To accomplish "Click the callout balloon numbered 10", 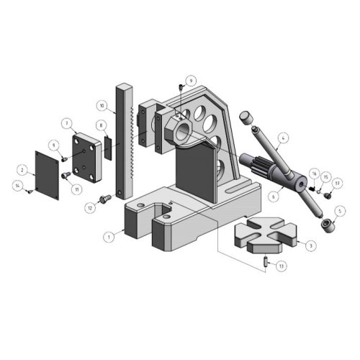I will click(x=102, y=105).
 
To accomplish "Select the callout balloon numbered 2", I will click(x=22, y=170).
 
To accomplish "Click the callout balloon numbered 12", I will click(x=90, y=207).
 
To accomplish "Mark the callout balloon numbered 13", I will click(x=282, y=266).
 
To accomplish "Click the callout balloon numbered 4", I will click(x=284, y=136).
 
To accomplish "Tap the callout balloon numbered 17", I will click(x=337, y=183).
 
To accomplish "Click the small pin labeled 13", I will click(x=266, y=263).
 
